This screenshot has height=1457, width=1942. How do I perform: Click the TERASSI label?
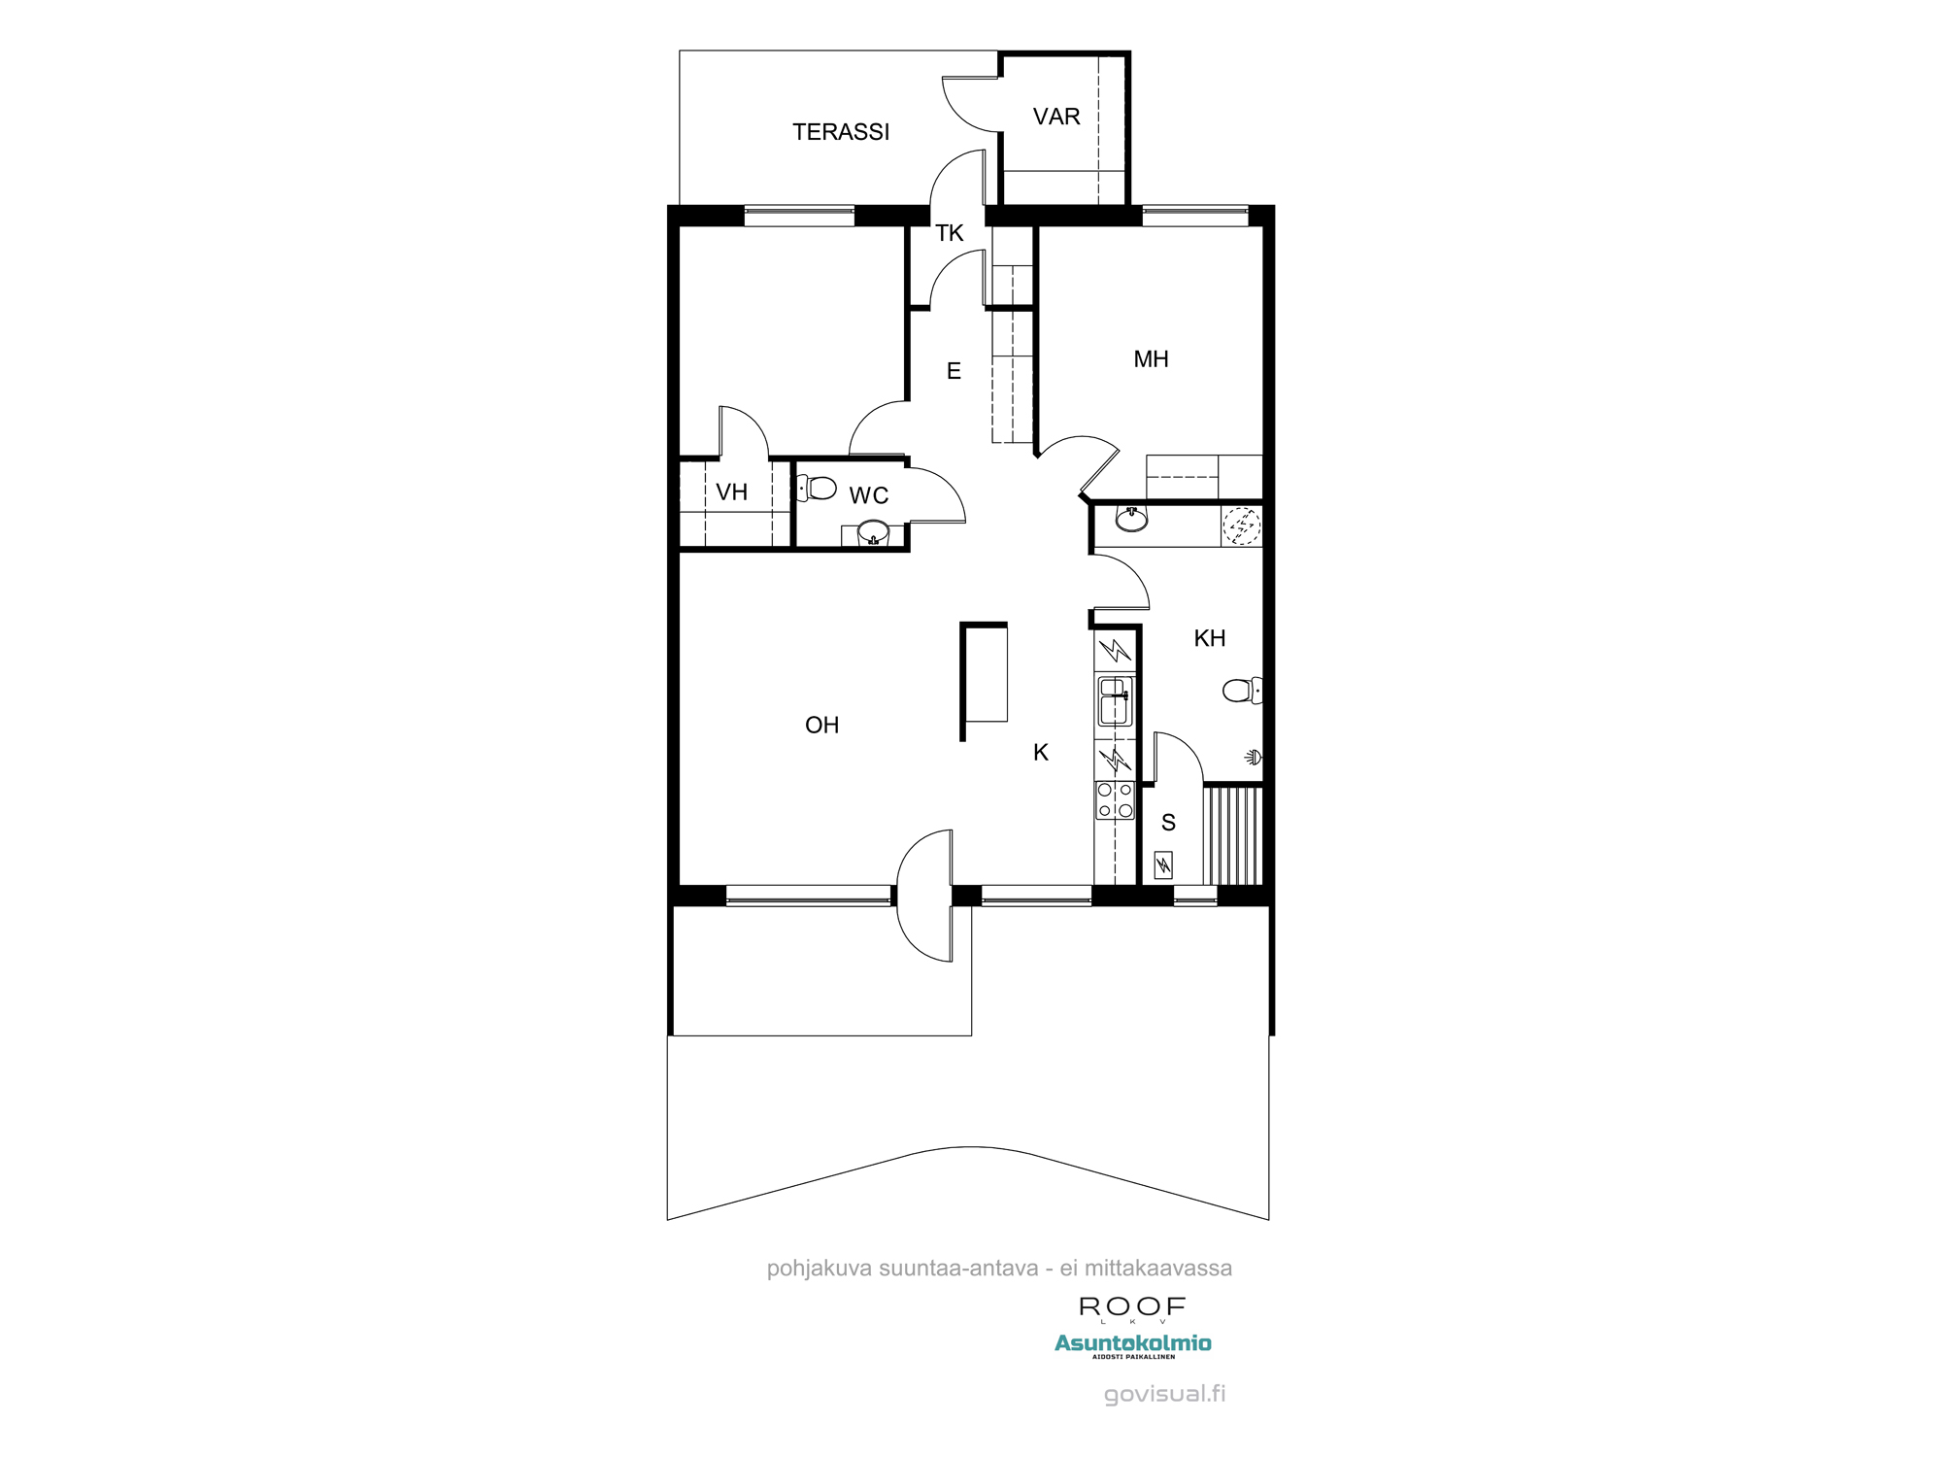tap(840, 132)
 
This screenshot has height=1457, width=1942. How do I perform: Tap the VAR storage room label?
tap(1056, 117)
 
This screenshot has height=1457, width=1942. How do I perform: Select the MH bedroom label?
tap(1151, 359)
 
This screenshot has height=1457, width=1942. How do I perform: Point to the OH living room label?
tap(821, 725)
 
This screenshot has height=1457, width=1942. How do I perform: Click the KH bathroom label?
tap(1209, 638)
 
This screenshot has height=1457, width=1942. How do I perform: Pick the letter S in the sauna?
tap(1168, 823)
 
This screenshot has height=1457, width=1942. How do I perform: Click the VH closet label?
tap(731, 492)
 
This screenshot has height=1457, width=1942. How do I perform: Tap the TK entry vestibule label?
tap(949, 233)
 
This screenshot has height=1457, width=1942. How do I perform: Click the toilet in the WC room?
tap(818, 488)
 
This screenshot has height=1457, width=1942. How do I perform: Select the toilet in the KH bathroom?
tap(1240, 691)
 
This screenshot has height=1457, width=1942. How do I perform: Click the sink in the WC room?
tap(872, 531)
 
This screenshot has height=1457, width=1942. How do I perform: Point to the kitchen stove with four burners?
tap(1115, 800)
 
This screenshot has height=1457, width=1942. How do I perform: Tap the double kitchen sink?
tap(1115, 701)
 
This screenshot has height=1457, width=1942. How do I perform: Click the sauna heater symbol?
tap(1162, 864)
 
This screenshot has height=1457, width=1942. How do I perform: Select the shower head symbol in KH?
tap(1254, 757)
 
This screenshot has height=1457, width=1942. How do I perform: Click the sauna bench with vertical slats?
tap(1233, 835)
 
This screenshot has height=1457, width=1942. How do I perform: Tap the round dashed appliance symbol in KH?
tap(1241, 525)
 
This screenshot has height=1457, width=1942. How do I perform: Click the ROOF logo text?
tap(1132, 1307)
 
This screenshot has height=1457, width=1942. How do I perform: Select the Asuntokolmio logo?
tap(1132, 1343)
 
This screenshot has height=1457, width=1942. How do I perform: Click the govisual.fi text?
tap(1164, 1394)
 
